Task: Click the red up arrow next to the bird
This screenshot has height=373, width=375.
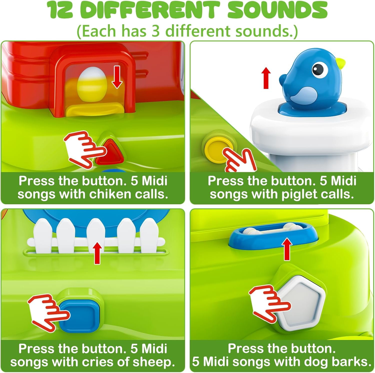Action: (x=266, y=79)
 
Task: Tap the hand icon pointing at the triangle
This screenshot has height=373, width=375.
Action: (x=85, y=149)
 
